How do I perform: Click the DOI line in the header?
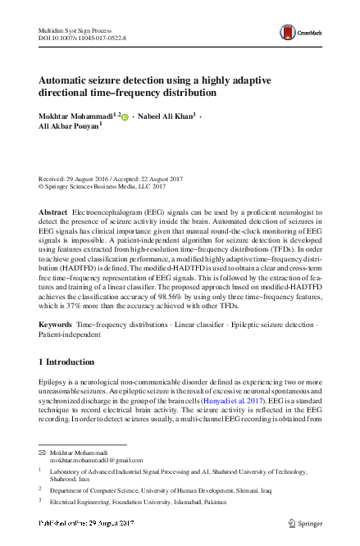[x=79, y=39]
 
